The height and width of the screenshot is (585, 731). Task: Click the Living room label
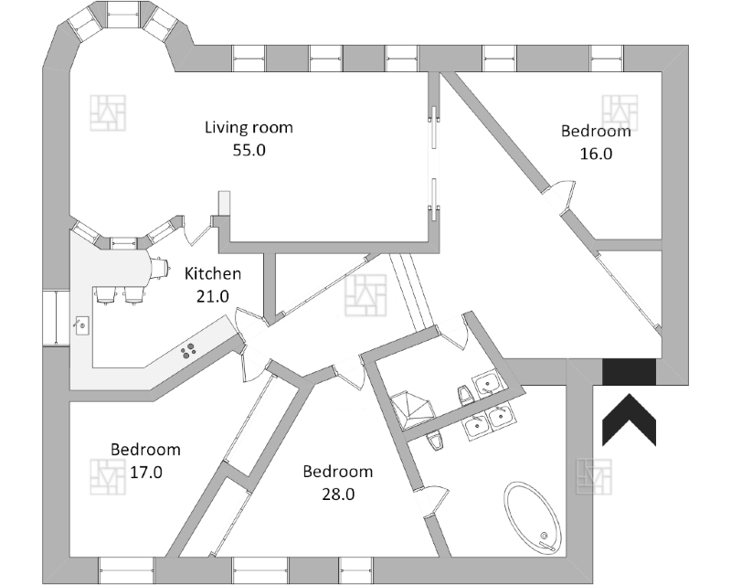(x=249, y=128)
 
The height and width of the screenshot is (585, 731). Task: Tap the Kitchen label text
(x=213, y=273)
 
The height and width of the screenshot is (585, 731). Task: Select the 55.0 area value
(x=249, y=151)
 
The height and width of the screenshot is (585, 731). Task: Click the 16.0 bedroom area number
(x=596, y=154)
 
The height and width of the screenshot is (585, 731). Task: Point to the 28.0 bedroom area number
(x=337, y=495)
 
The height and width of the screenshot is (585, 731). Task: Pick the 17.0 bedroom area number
(x=145, y=473)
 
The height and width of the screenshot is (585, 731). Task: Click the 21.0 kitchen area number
(x=213, y=296)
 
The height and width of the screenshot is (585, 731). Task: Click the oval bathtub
(x=533, y=518)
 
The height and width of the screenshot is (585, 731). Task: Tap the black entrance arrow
(x=630, y=420)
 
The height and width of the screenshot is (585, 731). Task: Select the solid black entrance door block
(x=630, y=371)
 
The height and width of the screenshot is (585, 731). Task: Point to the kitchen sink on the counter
(x=81, y=324)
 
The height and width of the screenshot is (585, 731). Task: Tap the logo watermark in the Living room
(x=109, y=112)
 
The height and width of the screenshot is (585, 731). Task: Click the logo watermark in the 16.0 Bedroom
(x=620, y=111)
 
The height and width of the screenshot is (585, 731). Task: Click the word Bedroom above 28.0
(x=337, y=472)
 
